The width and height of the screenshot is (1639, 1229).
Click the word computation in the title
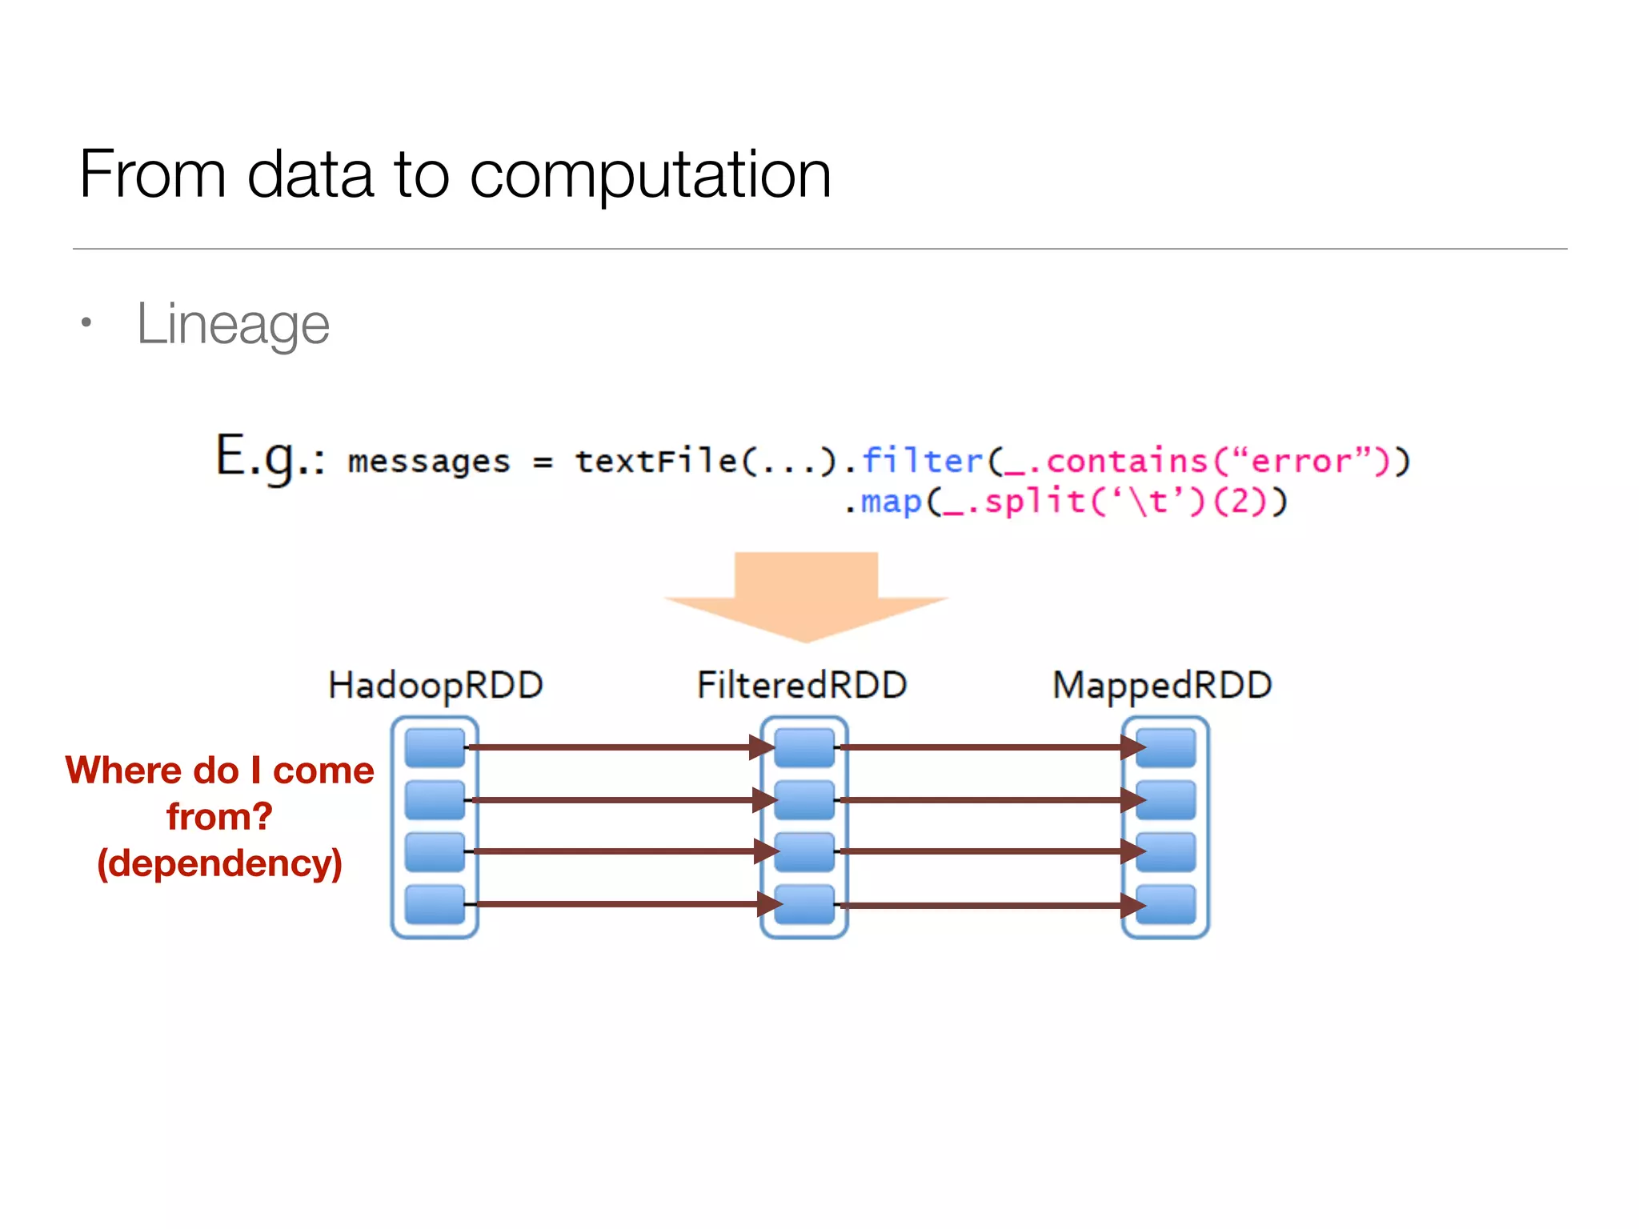[x=650, y=176]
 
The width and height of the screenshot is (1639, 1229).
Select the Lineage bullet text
[x=233, y=324]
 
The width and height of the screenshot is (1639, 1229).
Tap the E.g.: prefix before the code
[x=270, y=458]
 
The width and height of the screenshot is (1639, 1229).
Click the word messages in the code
[x=429, y=462]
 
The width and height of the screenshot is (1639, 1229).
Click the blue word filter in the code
[x=922, y=461]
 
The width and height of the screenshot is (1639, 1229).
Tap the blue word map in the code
[x=891, y=502]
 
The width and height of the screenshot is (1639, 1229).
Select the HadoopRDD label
[x=435, y=686]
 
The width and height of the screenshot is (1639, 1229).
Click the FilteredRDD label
[x=802, y=686]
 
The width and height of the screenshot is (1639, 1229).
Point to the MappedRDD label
[x=1162, y=686]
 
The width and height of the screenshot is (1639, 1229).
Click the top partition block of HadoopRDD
[x=435, y=747]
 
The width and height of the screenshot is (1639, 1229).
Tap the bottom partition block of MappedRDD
[x=1165, y=904]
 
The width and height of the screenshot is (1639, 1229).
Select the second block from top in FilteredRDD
[x=804, y=800]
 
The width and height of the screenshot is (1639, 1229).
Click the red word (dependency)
[x=219, y=864]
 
